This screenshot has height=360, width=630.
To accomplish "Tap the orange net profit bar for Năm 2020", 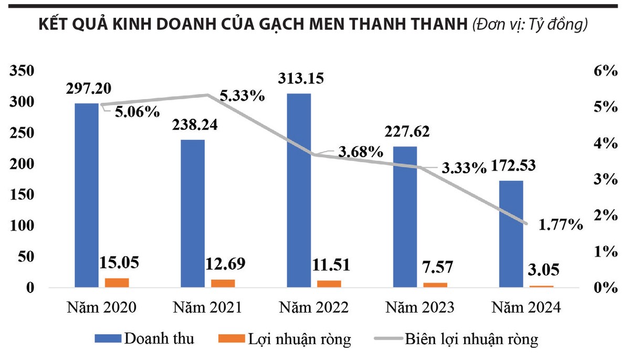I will [x=117, y=282].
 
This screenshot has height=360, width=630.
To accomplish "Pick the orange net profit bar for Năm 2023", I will [x=435, y=285].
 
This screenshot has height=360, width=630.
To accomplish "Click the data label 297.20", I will [x=89, y=88].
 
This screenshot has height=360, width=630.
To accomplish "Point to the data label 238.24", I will [x=194, y=124].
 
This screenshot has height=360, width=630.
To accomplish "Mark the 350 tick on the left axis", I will [x=22, y=71].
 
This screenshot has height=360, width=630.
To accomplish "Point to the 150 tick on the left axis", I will [x=22, y=195].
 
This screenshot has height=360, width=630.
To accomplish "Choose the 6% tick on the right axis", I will [x=605, y=71].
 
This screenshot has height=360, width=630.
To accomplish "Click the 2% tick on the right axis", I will [x=605, y=215].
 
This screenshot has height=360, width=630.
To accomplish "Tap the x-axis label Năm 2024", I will [x=524, y=308].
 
